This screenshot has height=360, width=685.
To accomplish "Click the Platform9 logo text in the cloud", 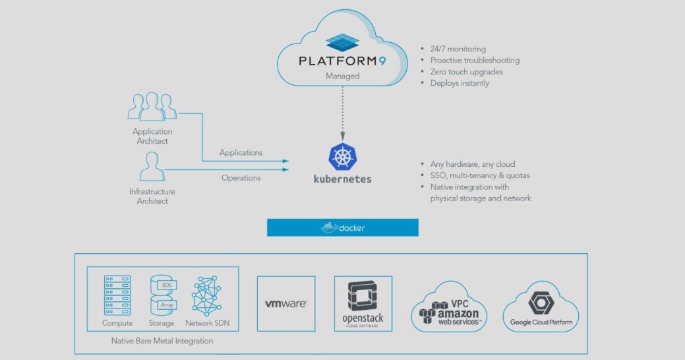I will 342,61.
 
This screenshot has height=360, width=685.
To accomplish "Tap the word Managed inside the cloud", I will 342,76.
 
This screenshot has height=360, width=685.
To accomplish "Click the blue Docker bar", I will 342,227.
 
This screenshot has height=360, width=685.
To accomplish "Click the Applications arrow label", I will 241,152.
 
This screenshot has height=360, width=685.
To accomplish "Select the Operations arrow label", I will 241,177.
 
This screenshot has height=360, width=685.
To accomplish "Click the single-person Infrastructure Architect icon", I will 152,166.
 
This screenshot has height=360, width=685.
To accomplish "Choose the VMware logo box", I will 285,303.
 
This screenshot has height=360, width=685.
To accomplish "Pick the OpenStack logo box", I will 363,303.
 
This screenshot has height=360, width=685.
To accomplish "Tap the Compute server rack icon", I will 117,295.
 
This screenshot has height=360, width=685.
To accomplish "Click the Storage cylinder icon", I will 161,295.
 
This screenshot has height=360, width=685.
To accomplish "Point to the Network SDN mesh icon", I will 208,295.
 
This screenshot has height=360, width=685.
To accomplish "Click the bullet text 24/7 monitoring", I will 458,49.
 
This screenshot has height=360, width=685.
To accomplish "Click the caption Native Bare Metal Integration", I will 162,341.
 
